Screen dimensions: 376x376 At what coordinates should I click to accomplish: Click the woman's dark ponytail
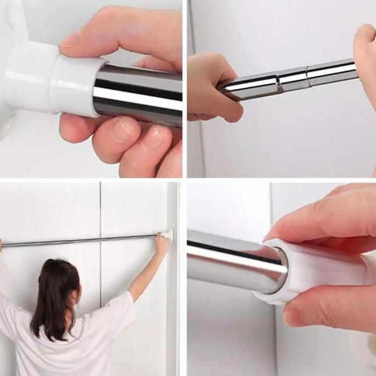click(x=56, y=296)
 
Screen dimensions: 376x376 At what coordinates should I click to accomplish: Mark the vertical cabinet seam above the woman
click(x=100, y=212)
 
